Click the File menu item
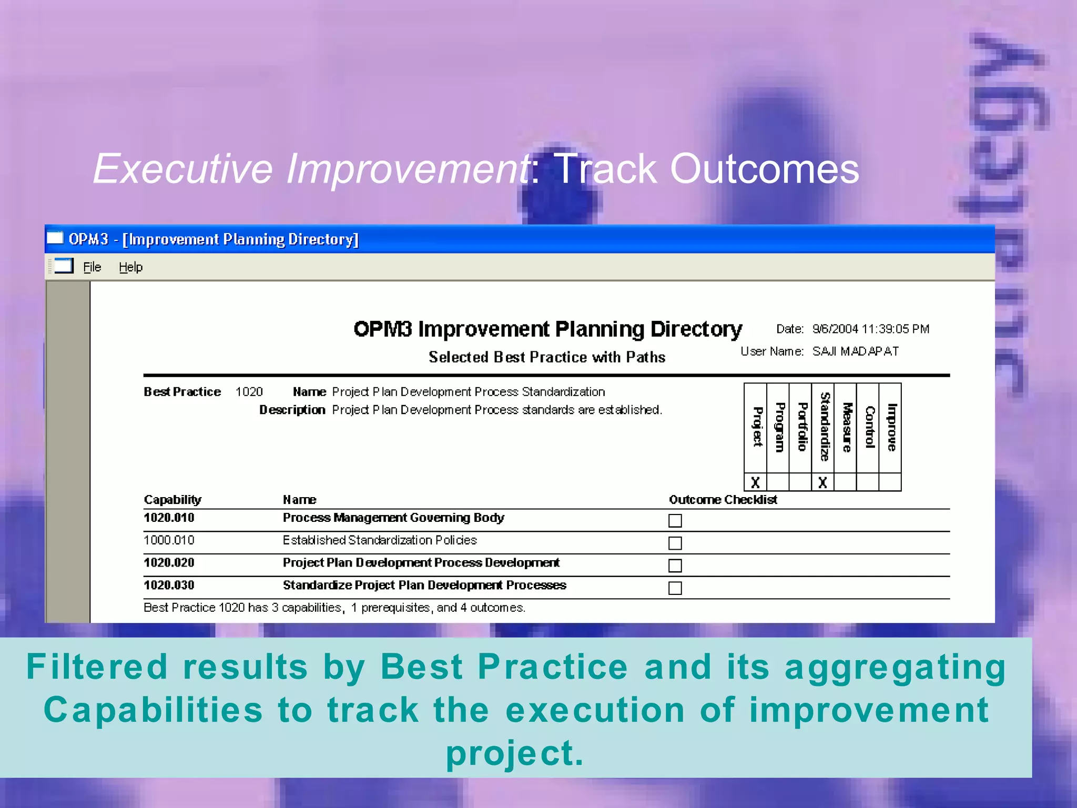point(92,267)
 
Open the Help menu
point(130,267)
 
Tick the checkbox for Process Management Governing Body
point(675,520)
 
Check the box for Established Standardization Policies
point(675,543)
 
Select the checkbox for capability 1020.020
point(675,565)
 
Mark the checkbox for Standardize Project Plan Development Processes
point(675,588)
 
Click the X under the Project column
point(755,482)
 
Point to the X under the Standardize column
point(822,482)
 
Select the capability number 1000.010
point(169,540)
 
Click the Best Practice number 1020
point(249,392)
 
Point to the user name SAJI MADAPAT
point(855,351)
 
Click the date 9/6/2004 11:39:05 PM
point(870,329)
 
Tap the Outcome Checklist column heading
point(723,500)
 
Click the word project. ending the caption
point(514,753)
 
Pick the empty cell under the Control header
point(868,482)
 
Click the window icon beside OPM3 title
point(55,239)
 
